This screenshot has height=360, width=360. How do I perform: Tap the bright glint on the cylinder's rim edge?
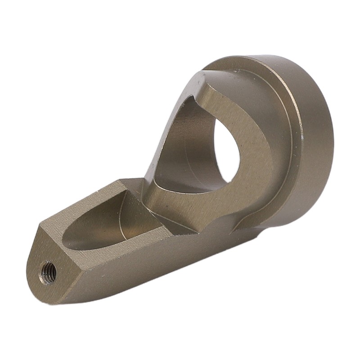(x=301, y=135)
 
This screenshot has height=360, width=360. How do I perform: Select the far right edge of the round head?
(x=332, y=148)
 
